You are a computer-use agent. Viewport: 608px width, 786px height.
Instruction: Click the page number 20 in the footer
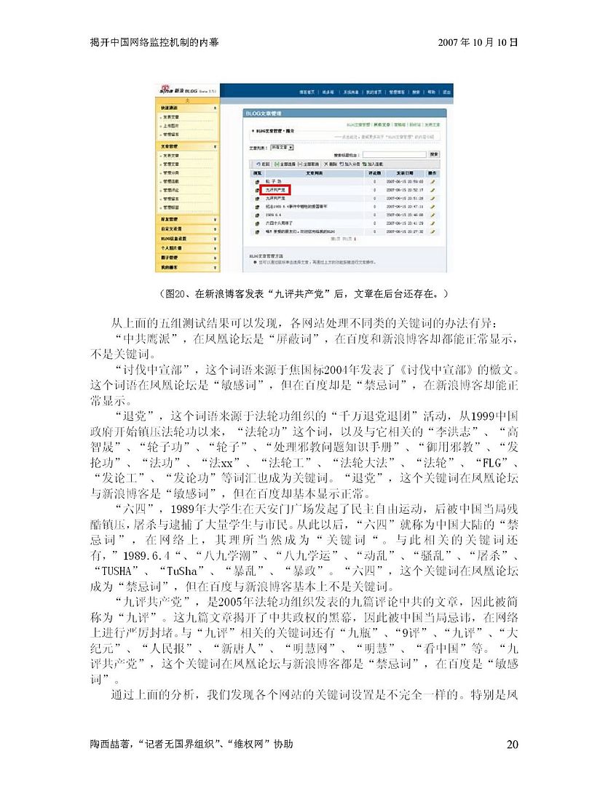pyautogui.click(x=512, y=744)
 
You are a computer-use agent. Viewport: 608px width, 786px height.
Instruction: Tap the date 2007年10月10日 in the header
pyautogui.click(x=478, y=42)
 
